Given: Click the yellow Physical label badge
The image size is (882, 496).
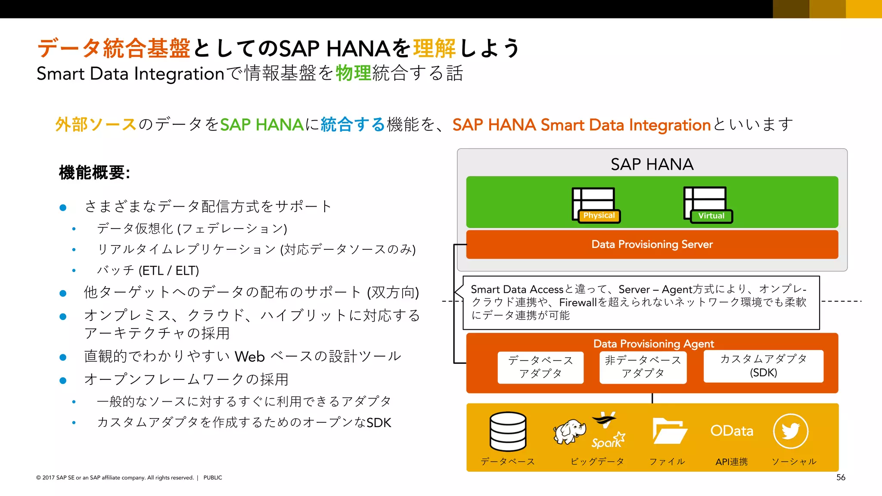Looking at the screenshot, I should [x=599, y=216].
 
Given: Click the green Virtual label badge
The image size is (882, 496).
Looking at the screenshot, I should [x=711, y=216].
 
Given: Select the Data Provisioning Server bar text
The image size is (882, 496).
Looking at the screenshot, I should [x=652, y=245].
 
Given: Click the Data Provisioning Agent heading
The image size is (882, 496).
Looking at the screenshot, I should [x=653, y=344].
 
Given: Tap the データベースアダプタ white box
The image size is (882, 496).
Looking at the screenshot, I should [x=540, y=367].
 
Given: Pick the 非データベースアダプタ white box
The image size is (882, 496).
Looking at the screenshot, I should [x=643, y=367].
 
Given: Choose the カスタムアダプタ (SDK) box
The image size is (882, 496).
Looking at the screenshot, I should [x=763, y=366].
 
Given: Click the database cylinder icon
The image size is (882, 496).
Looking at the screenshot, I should [x=508, y=431].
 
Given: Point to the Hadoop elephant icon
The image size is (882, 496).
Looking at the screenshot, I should [x=569, y=431].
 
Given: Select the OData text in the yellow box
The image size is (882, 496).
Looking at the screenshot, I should [x=731, y=431].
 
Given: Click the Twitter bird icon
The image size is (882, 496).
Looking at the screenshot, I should [x=791, y=431].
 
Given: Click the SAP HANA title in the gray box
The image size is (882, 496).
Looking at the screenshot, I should [x=652, y=164].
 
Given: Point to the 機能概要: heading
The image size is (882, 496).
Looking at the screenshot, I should [x=94, y=173].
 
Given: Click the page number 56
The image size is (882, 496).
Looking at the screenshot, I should [x=841, y=477].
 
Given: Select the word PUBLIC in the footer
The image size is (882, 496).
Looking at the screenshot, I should [x=213, y=477].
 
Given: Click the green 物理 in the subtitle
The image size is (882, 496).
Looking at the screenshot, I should [x=353, y=73].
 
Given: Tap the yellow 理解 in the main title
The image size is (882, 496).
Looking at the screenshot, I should [x=434, y=48].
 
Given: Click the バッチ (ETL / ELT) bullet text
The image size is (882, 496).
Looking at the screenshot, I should [x=148, y=270].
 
